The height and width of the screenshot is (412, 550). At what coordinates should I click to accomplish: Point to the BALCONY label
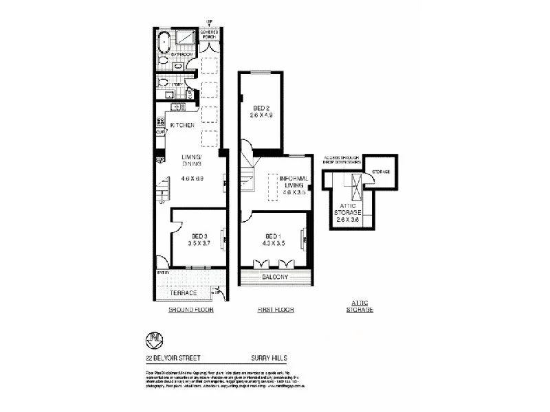pyautogui.click(x=275, y=277)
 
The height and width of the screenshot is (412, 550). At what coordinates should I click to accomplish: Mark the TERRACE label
pyautogui.click(x=184, y=293)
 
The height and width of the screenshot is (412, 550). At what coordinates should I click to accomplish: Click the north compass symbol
pyautogui.click(x=153, y=340)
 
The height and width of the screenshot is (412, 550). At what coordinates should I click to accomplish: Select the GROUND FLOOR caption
pyautogui.click(x=191, y=310)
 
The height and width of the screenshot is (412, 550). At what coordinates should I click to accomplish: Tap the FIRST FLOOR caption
pyautogui.click(x=276, y=310)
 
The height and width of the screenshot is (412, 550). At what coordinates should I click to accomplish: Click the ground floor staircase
pyautogui.click(x=163, y=188)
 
